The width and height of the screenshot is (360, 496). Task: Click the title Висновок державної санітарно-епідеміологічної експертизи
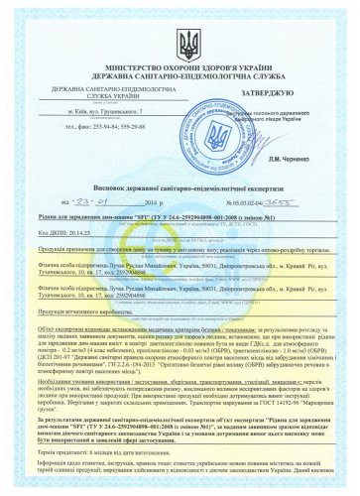tap(179, 186)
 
